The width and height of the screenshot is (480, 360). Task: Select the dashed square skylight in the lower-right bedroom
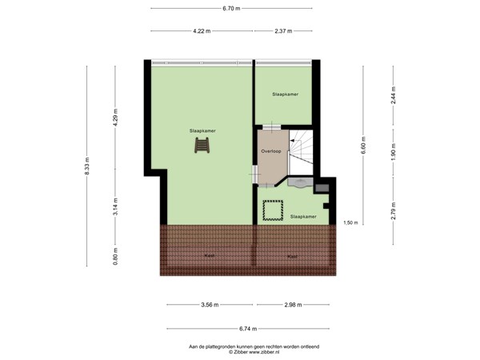(274, 210)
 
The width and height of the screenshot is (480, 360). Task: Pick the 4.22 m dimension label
(201, 31)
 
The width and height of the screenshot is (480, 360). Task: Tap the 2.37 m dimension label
(282, 31)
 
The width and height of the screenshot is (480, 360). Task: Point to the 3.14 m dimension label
(115, 206)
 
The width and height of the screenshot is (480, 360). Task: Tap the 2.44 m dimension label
(393, 95)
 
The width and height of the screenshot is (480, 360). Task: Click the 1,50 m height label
(350, 222)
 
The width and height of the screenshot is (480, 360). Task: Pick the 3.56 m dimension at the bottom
(210, 305)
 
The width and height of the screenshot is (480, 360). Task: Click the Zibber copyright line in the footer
(253, 351)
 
